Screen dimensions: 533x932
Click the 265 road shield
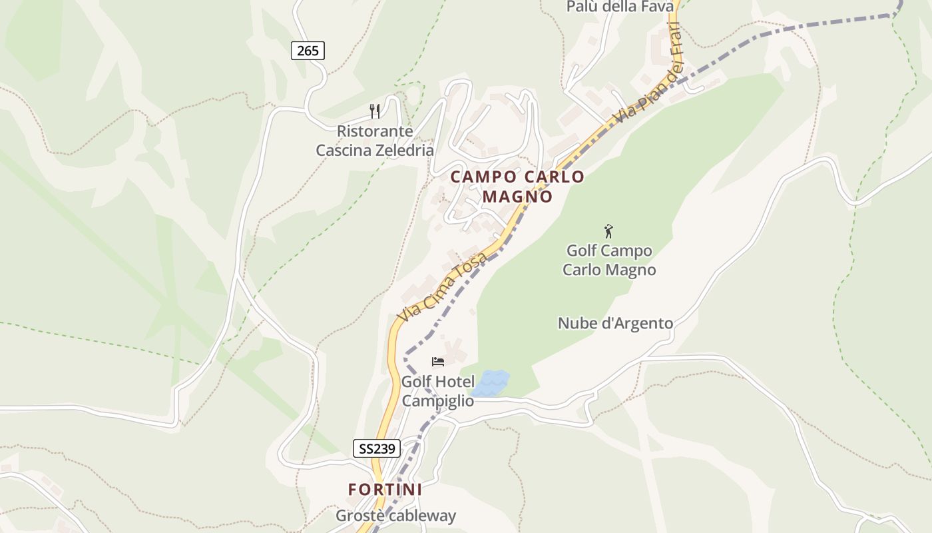pyautogui.click(x=308, y=50)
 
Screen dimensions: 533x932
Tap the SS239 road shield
pyautogui.click(x=377, y=448)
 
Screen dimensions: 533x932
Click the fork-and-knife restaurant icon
pyautogui.click(x=375, y=111)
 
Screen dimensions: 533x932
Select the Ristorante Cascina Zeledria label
pyautogui.click(x=375, y=141)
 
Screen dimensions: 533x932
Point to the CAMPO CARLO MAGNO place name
pyautogui.click(x=517, y=187)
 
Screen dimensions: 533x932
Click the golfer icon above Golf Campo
pyautogui.click(x=608, y=231)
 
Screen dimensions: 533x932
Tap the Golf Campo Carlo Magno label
pyautogui.click(x=609, y=260)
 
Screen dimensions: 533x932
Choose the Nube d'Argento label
pyautogui.click(x=615, y=323)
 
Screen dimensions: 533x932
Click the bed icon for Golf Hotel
pyautogui.click(x=438, y=362)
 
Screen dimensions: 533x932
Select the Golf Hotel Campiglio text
pyautogui.click(x=437, y=391)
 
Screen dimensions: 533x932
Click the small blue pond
pyautogui.click(x=490, y=383)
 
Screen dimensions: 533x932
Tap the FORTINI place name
pyautogui.click(x=385, y=489)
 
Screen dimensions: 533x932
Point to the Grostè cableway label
pyautogui.click(x=395, y=515)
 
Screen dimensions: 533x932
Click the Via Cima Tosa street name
pyautogui.click(x=441, y=286)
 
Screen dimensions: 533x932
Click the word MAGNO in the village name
pyautogui.click(x=517, y=197)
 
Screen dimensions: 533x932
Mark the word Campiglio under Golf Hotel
pyautogui.click(x=437, y=401)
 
